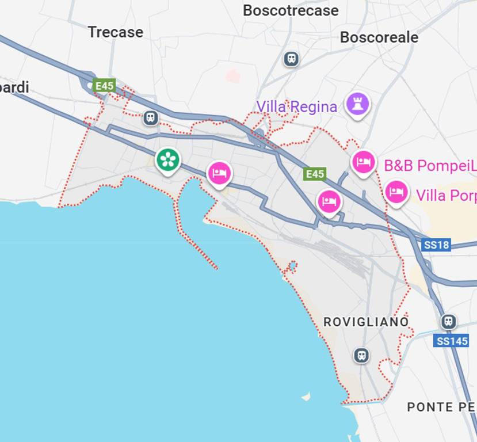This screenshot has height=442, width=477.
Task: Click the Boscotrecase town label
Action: (291, 10)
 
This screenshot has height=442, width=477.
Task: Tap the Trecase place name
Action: (115, 32)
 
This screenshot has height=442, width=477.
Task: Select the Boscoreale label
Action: (379, 37)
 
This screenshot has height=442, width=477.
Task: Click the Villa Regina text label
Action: (296, 106)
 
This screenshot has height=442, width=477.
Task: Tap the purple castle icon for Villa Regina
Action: (357, 104)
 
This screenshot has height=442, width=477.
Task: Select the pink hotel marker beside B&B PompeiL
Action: (364, 162)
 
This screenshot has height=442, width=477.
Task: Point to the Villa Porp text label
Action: (446, 195)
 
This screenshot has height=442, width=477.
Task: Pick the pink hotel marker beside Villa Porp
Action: (396, 192)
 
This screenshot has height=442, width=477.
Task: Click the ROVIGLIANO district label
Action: (366, 322)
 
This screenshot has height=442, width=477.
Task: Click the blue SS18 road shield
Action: (436, 245)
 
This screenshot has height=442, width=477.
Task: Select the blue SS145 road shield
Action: (451, 341)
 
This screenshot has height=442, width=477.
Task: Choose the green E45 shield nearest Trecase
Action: (105, 86)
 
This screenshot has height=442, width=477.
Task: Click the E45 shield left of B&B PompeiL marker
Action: (315, 174)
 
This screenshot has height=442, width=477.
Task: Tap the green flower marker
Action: (168, 160)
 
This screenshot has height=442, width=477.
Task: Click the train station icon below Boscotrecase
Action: (291, 59)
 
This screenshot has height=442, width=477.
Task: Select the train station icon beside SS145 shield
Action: (449, 322)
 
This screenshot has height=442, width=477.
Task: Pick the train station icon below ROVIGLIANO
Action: (361, 356)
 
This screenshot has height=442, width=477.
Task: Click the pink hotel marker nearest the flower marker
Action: (219, 173)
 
